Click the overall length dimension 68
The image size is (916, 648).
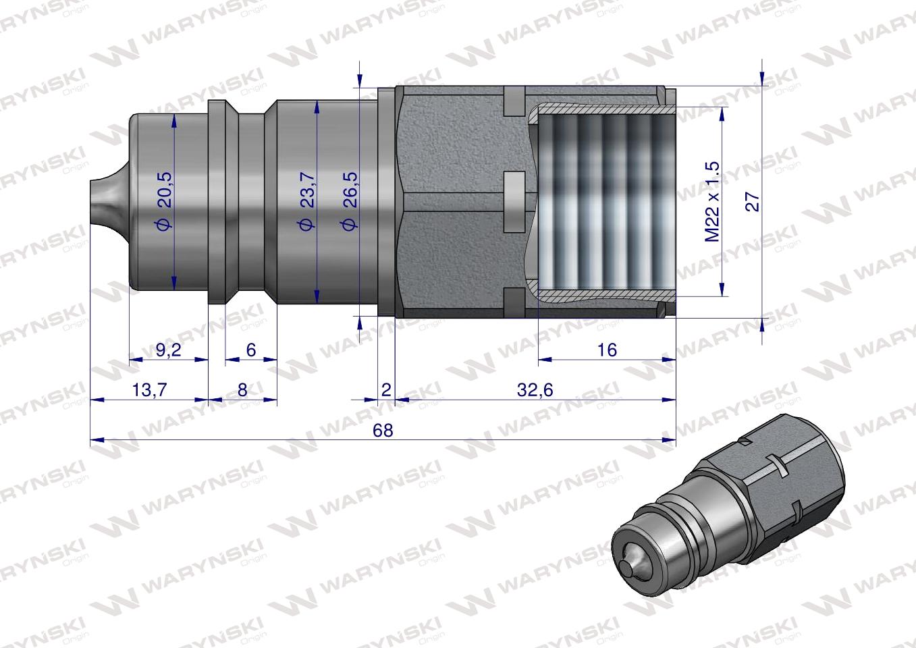tap(383, 431)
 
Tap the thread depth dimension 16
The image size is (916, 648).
tap(607, 350)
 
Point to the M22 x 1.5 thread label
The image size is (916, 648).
tap(713, 201)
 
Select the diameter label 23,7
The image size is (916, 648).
tap(307, 200)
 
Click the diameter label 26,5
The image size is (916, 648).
tap(350, 200)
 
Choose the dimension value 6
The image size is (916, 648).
tap(251, 350)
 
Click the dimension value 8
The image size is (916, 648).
tap(242, 390)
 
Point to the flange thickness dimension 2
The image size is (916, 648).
tap(386, 390)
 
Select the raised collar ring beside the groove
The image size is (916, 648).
tap(216, 201)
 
